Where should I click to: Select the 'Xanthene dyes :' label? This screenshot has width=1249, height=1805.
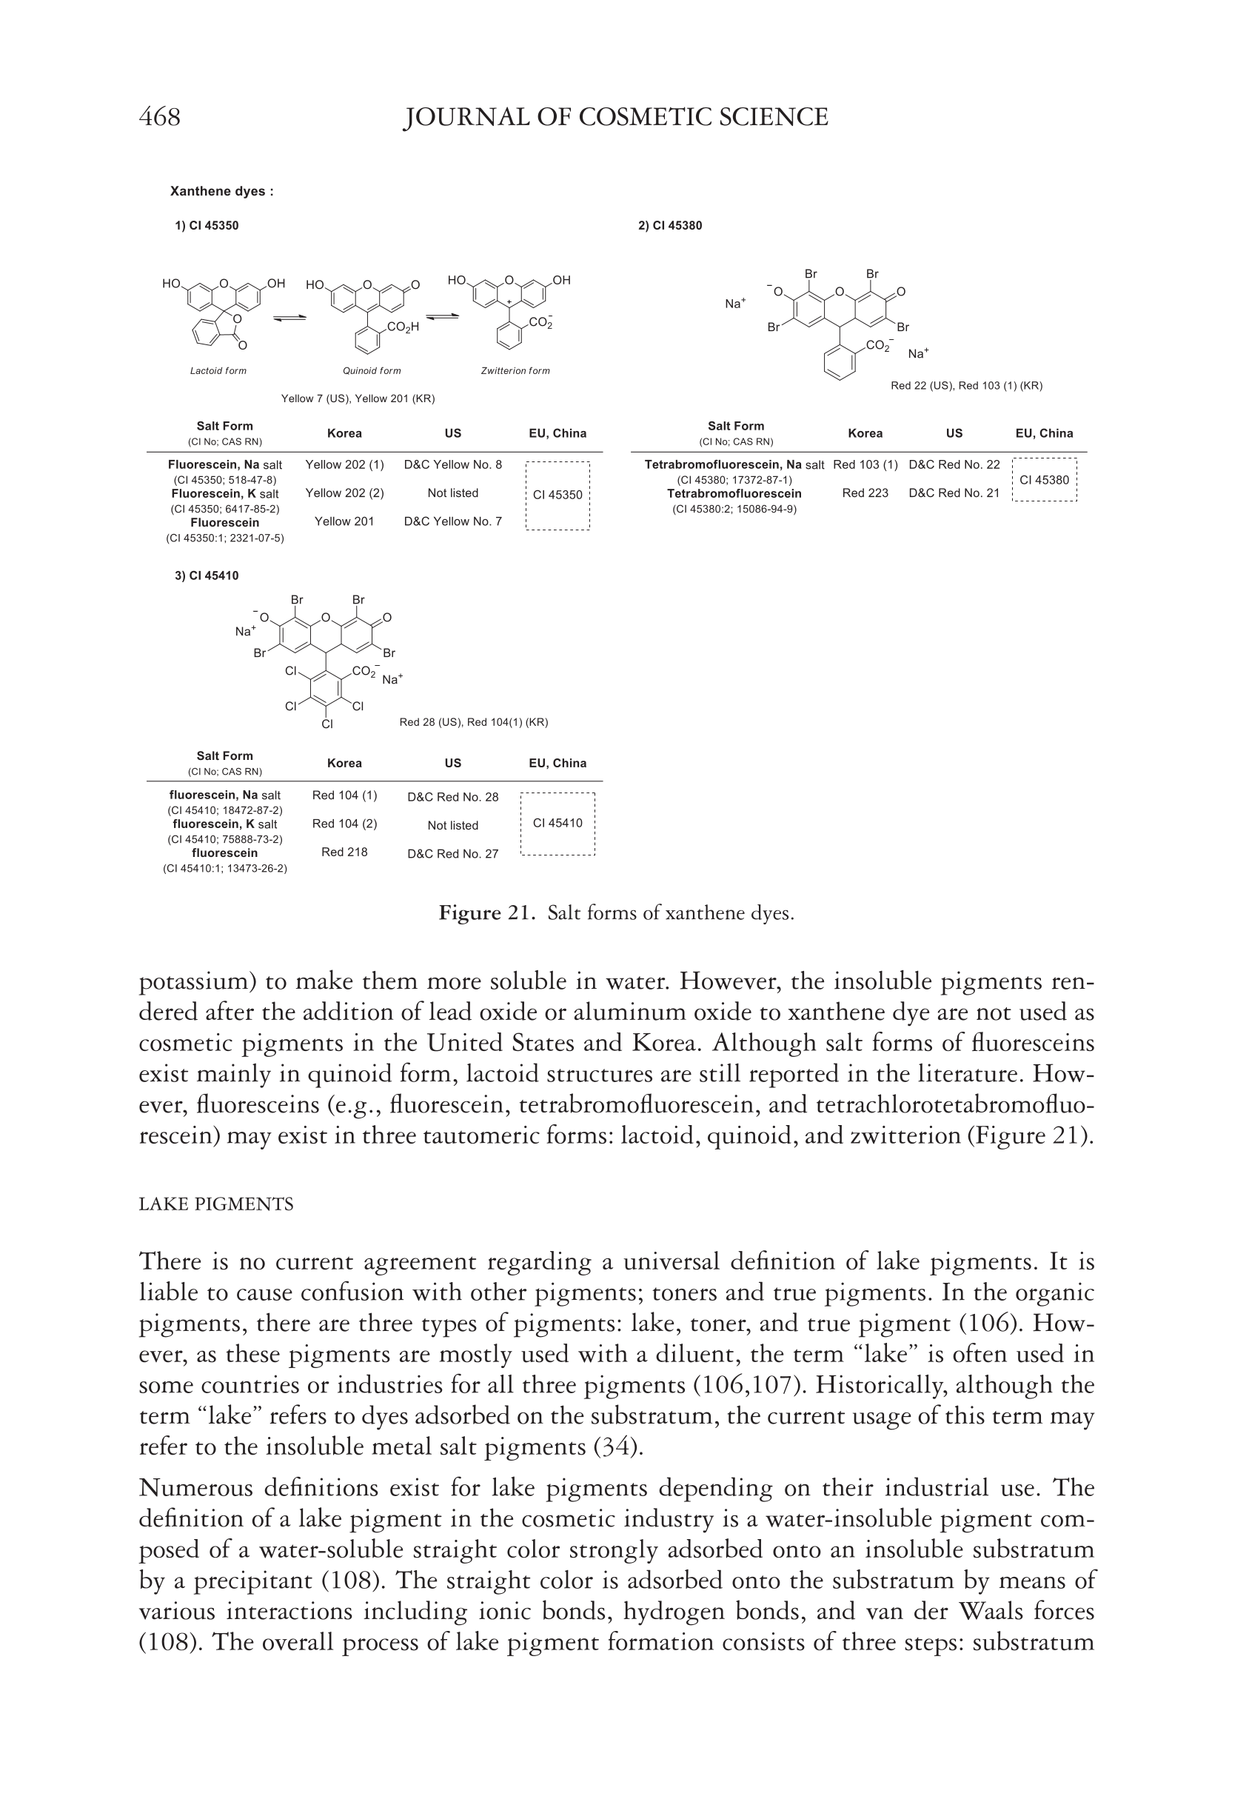coord(221,191)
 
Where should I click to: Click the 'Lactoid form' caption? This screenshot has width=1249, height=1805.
coord(218,371)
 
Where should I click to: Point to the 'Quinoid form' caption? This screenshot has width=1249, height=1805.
coord(372,371)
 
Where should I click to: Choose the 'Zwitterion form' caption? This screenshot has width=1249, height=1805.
coord(515,371)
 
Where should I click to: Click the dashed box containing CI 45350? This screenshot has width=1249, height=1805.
coord(557,496)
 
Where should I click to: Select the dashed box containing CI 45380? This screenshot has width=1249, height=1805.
coord(1044,480)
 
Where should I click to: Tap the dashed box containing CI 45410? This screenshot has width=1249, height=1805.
coord(557,824)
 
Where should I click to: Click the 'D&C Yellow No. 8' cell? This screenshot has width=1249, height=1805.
coord(452,465)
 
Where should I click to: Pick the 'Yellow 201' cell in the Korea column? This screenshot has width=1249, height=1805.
coord(344,521)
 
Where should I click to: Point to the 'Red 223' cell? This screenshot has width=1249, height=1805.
coord(865,493)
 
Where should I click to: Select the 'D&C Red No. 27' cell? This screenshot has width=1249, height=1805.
coord(452,854)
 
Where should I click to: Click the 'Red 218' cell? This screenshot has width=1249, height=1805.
coord(344,852)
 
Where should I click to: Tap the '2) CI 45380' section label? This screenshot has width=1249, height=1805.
coord(670,225)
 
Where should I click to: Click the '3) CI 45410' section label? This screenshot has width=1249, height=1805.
coord(207,575)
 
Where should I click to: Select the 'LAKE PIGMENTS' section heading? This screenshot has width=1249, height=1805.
coord(216,1204)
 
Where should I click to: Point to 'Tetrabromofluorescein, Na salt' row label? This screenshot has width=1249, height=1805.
coord(733,465)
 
